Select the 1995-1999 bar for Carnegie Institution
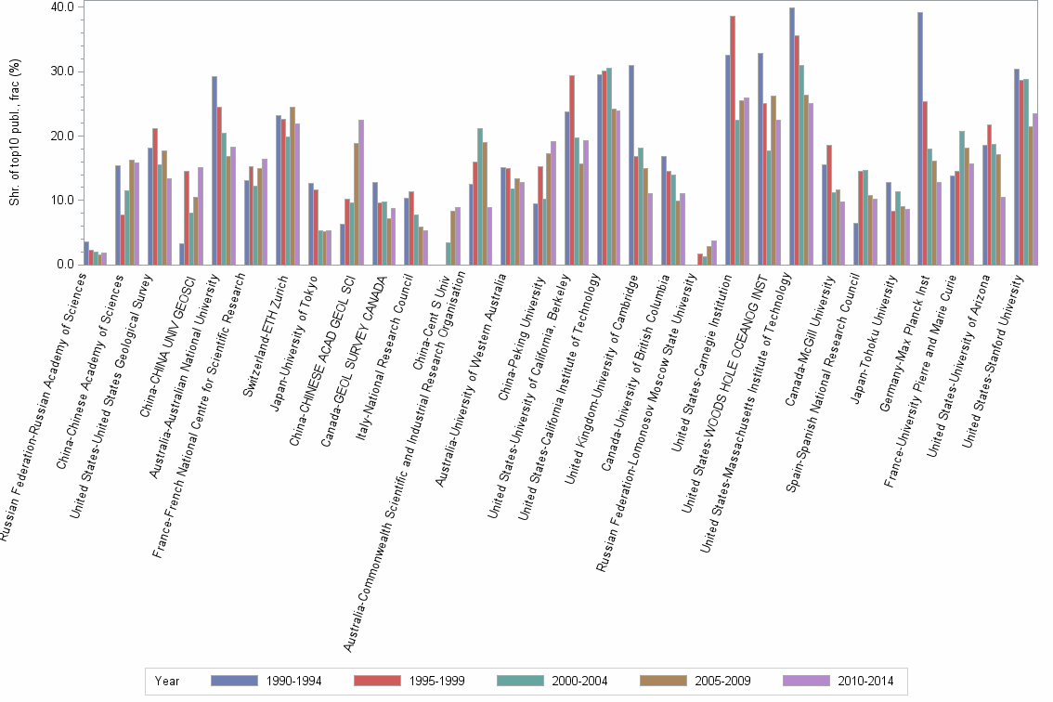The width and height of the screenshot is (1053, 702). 733,140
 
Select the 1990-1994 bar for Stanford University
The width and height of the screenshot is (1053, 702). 1017,166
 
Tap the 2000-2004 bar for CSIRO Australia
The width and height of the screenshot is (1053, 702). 479,196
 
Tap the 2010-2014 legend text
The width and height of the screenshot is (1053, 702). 865,681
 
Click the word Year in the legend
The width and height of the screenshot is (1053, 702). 168,681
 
